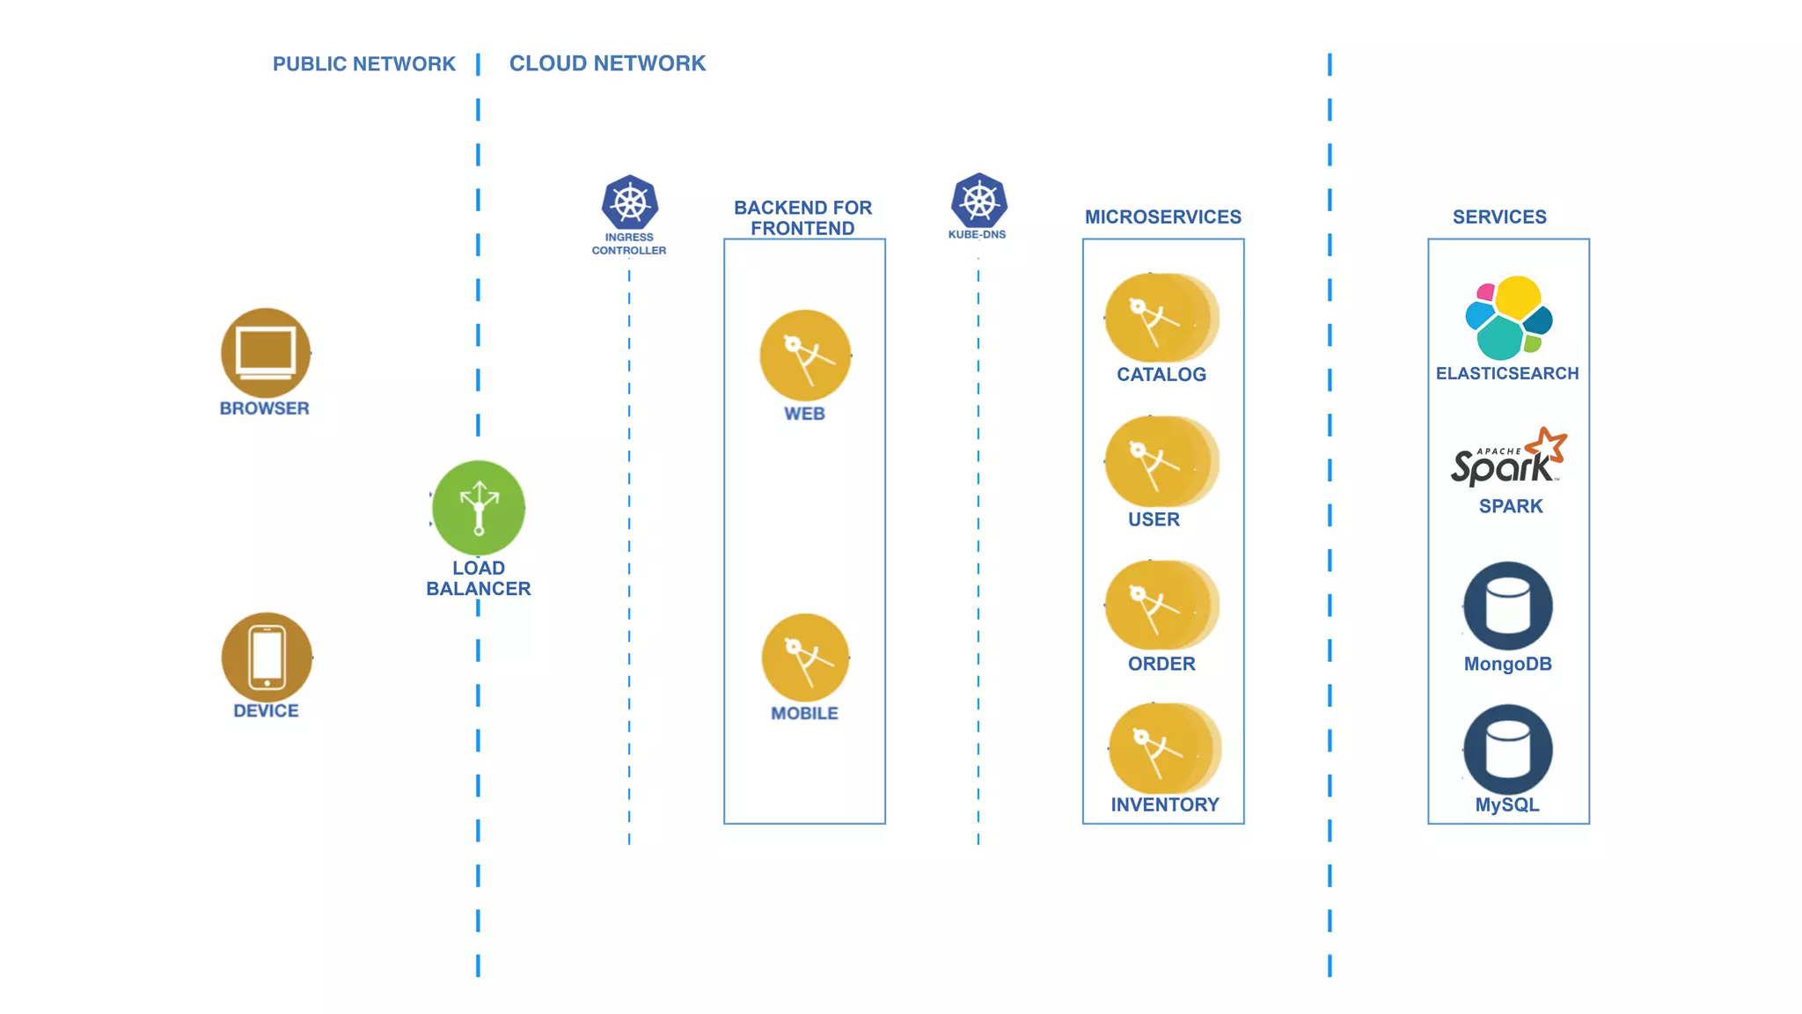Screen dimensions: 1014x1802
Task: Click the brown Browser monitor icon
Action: [x=266, y=353]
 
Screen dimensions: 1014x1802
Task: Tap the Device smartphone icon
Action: [x=267, y=658]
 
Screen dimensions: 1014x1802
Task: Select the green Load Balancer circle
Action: [x=479, y=508]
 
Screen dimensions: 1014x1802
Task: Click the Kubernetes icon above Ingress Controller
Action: [x=630, y=202]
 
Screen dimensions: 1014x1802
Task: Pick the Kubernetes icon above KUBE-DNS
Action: [x=978, y=201]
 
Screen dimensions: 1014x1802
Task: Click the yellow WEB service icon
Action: [x=805, y=356]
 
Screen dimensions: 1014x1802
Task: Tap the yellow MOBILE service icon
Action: [x=805, y=658]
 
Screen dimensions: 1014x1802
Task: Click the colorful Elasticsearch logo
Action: [x=1508, y=318]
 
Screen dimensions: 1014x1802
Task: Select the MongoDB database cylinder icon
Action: [x=1508, y=606]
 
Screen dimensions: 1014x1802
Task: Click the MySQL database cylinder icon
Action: [x=1508, y=749]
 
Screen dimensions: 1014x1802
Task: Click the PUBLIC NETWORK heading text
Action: [x=363, y=64]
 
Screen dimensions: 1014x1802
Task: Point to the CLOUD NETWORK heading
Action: [x=607, y=63]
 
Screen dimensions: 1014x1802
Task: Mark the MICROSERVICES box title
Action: [x=1162, y=217]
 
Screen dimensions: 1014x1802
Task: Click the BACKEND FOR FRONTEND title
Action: [x=802, y=217]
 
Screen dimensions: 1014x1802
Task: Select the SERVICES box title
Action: [x=1499, y=217]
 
